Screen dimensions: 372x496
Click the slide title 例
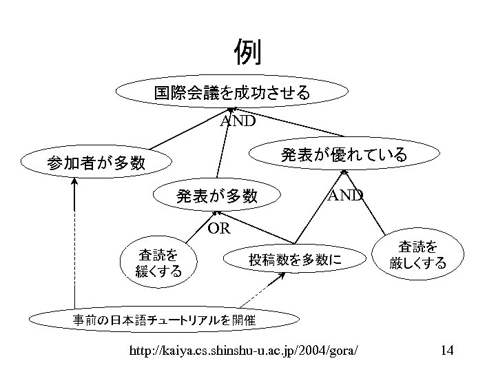tap(247, 52)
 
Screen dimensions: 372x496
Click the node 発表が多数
tap(217, 196)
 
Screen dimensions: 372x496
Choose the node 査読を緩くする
tap(160, 262)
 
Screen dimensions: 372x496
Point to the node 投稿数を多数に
tap(295, 260)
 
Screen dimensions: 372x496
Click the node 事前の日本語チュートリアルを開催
tap(165, 320)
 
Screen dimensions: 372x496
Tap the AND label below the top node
tap(238, 122)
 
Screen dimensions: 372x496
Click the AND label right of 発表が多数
tap(345, 195)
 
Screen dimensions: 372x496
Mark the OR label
tap(218, 227)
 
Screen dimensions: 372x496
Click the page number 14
tap(446, 351)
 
